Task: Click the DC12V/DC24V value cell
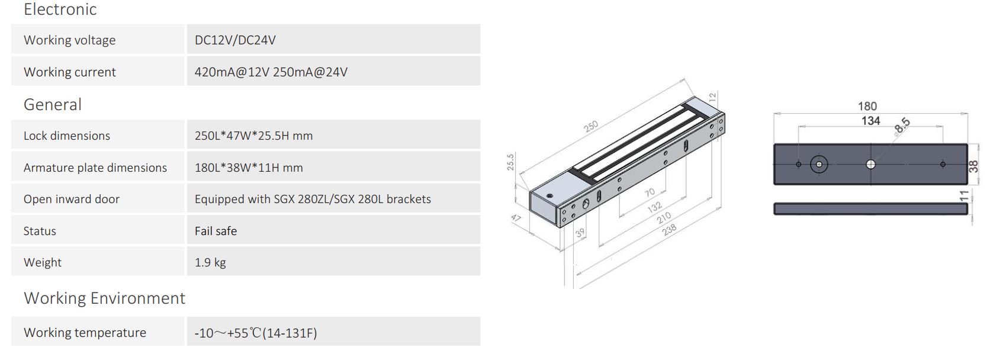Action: [235, 40]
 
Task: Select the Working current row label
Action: [69, 72]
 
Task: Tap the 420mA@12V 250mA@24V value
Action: [271, 72]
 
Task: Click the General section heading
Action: [52, 105]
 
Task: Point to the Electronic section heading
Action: [60, 9]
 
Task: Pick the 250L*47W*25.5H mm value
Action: [253, 136]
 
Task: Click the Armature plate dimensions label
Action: [95, 168]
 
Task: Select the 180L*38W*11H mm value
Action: [249, 168]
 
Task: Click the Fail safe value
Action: [216, 231]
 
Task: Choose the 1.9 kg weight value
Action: [210, 262]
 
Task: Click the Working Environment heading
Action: [104, 298]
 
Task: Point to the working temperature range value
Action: [255, 333]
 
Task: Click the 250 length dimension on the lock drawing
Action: [591, 126]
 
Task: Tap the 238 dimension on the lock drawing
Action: [669, 230]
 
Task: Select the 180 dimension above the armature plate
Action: [867, 107]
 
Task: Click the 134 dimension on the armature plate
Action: [870, 121]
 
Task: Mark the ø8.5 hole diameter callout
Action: [901, 126]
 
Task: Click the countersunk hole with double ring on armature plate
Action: [819, 164]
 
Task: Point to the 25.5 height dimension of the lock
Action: [510, 162]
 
